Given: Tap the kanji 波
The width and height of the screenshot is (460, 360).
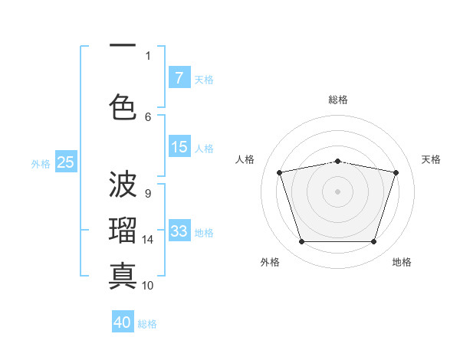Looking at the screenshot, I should click(x=123, y=184).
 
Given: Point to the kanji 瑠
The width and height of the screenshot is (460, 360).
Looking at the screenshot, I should click(x=123, y=230).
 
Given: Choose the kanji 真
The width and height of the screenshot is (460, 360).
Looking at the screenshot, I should click(x=123, y=274).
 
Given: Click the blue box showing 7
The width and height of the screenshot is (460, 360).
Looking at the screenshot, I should click(x=179, y=78).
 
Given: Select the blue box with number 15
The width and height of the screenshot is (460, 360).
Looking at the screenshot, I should click(x=179, y=147).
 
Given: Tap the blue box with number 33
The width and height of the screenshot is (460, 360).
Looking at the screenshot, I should click(x=179, y=231).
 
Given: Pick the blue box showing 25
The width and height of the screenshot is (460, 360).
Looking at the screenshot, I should click(x=66, y=162).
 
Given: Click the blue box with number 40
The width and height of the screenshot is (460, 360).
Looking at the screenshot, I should click(x=123, y=322).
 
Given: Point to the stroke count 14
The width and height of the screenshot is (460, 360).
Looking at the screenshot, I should click(x=149, y=240).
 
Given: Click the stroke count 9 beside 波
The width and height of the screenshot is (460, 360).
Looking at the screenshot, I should click(x=148, y=193).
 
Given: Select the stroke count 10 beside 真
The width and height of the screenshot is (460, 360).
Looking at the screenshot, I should click(x=149, y=285).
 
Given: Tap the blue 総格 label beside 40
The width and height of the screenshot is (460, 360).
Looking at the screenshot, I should click(x=148, y=324).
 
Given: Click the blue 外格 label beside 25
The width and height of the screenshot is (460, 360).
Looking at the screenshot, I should click(x=41, y=163).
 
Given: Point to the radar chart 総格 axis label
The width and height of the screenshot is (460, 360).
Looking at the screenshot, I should click(x=338, y=100).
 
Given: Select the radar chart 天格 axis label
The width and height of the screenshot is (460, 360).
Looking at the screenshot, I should click(x=431, y=159).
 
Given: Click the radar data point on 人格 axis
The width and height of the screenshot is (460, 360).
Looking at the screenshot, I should click(x=280, y=172).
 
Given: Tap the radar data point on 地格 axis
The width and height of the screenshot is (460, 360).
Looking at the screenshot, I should click(x=373, y=242).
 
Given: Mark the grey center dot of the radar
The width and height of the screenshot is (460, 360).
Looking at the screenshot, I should click(x=338, y=191).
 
